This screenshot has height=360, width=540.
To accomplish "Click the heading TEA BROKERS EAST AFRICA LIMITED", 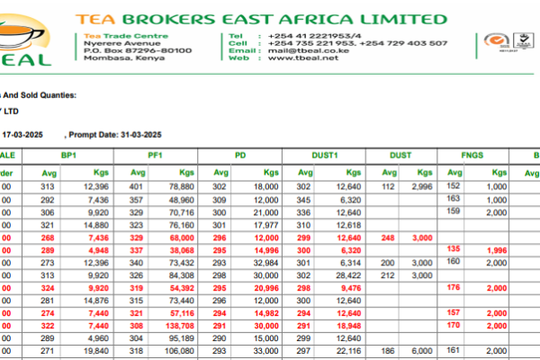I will [x=261, y=19].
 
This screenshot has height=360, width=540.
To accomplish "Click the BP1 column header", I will [x=68, y=156].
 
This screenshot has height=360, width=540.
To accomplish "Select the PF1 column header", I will [x=155, y=156].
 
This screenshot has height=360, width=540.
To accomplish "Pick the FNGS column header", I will [x=472, y=156].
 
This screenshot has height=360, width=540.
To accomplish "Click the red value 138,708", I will [x=179, y=325].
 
